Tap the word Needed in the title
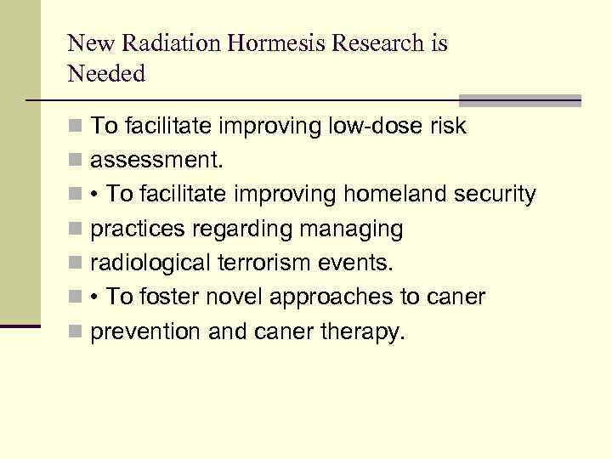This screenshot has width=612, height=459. click(x=106, y=74)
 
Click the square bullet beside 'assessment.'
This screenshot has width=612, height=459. click(x=76, y=161)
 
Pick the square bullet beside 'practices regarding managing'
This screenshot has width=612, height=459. click(x=76, y=229)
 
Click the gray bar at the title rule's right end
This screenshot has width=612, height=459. click(x=519, y=100)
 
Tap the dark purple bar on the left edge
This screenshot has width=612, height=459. click(x=20, y=326)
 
